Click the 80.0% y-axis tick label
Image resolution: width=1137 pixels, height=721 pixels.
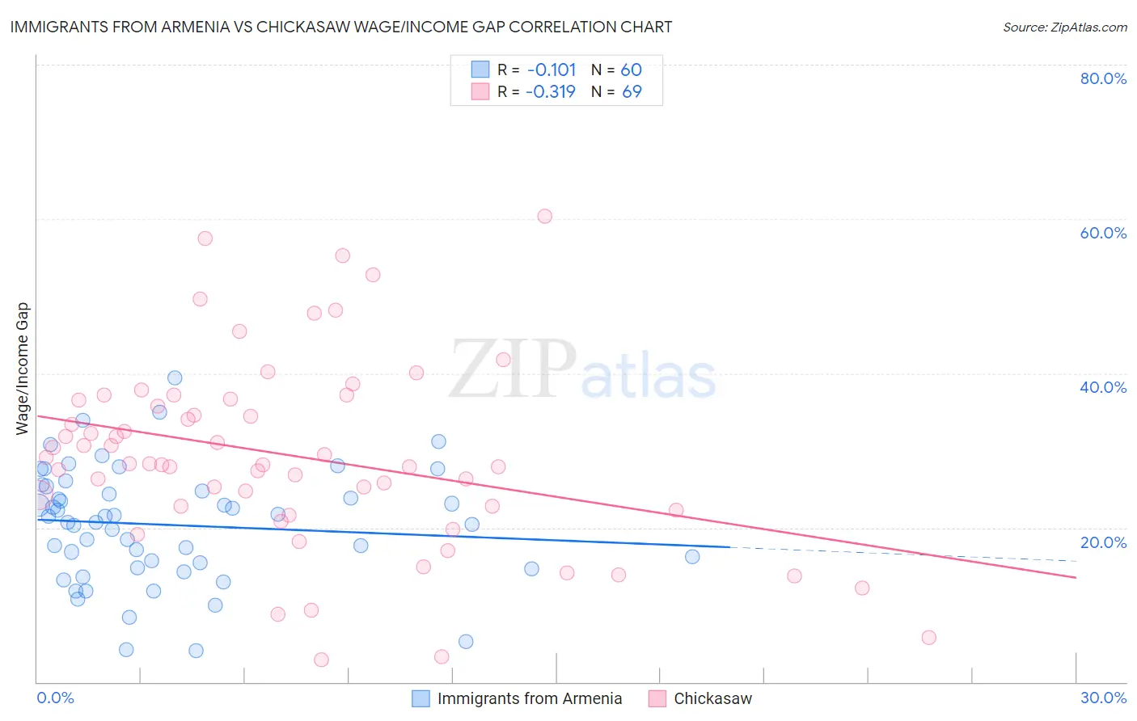pyautogui.click(x=1103, y=78)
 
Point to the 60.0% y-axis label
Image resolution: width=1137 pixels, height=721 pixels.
pyautogui.click(x=1103, y=233)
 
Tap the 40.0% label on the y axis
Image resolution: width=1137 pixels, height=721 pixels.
pyautogui.click(x=1103, y=387)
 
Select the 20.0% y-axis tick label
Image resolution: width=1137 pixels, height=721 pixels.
pyautogui.click(x=1103, y=542)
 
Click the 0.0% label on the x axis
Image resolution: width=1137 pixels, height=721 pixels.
pyautogui.click(x=55, y=698)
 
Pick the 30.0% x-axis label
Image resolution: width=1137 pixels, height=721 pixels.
pyautogui.click(x=1103, y=698)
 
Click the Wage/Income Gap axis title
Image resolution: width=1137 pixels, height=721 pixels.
pyautogui.click(x=23, y=369)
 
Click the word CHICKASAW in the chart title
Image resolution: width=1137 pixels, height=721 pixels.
pyautogui.click(x=301, y=27)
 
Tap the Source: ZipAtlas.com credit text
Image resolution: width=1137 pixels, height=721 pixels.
pyautogui.click(x=1064, y=27)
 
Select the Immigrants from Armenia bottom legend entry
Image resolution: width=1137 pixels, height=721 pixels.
pyautogui.click(x=529, y=698)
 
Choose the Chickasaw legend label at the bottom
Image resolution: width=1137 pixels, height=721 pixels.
pyautogui.click(x=712, y=698)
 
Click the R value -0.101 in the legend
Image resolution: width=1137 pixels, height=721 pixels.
pyautogui.click(x=551, y=70)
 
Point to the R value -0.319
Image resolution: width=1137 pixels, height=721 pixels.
pyautogui.click(x=550, y=91)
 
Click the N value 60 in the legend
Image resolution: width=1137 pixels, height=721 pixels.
pyautogui.click(x=631, y=70)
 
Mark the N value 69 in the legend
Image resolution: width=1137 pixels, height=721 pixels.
pyautogui.click(x=632, y=91)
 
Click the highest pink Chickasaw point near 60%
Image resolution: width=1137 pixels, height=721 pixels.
pyautogui.click(x=544, y=216)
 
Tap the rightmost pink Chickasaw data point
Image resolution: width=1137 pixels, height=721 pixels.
pyautogui.click(x=928, y=638)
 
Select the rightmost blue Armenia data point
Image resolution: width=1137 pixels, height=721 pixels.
pyautogui.click(x=692, y=556)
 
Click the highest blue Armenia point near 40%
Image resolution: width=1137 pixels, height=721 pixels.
pyautogui.click(x=175, y=377)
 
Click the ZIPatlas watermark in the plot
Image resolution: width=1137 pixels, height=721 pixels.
pyautogui.click(x=582, y=370)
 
